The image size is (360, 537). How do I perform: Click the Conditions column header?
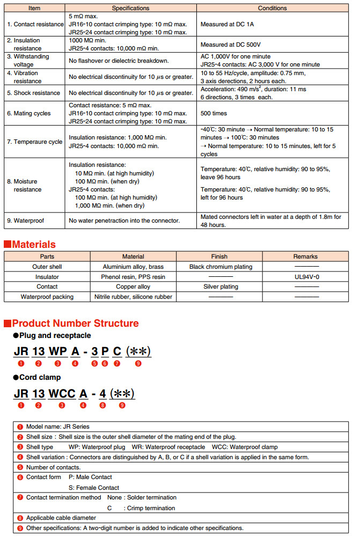272,8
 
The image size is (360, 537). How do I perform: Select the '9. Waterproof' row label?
26,220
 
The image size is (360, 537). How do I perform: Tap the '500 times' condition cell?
214,114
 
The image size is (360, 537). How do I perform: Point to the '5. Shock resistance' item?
33,93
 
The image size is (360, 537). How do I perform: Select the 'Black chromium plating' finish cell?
221,267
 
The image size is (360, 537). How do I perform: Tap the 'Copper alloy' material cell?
133,286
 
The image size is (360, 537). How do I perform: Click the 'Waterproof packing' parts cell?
47,297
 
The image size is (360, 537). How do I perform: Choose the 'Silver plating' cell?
221,286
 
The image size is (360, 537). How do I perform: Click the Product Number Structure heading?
75,323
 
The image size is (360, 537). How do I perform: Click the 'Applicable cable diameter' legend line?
61,518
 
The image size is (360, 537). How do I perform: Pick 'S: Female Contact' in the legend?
94,487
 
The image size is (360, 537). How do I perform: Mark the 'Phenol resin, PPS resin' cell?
133,277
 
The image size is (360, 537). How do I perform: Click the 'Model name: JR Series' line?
57,426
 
